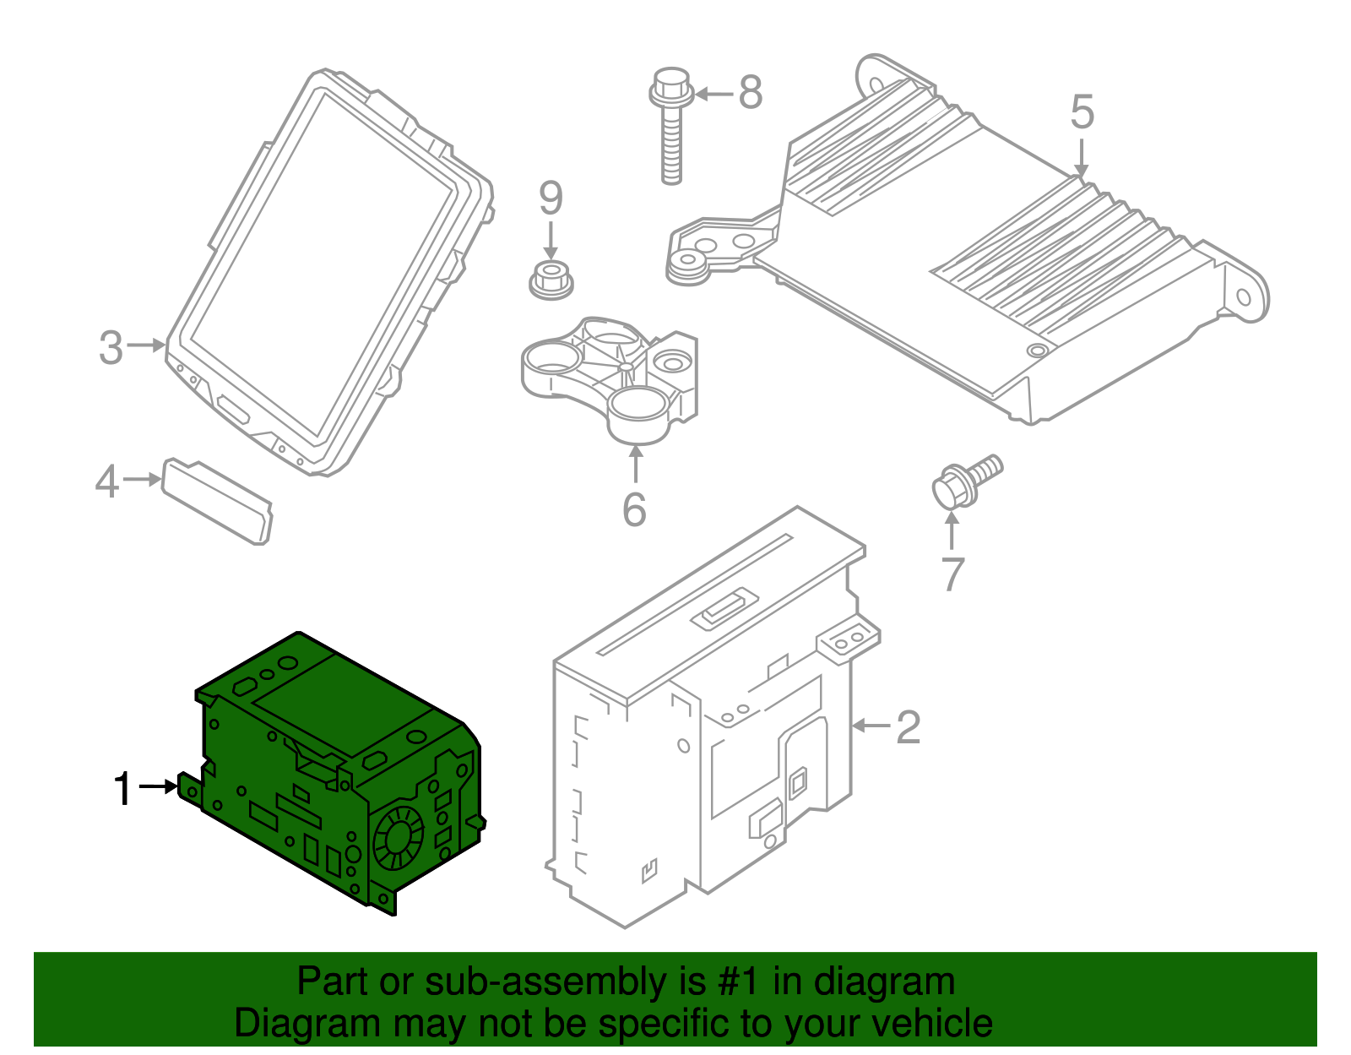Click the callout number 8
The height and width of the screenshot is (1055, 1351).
point(751,93)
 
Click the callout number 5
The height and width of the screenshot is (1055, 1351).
point(1082,112)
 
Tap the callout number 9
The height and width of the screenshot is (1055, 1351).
point(551,199)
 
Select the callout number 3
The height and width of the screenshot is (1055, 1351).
point(111,347)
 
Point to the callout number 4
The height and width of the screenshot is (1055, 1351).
point(107,481)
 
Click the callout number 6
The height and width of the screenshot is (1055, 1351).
point(635,510)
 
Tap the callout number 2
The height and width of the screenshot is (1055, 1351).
point(908,726)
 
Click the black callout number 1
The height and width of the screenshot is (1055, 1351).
point(123,788)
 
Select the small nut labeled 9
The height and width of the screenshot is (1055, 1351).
point(551,281)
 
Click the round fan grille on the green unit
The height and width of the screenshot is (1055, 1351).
point(399,840)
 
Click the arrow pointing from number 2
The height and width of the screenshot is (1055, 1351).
point(872,725)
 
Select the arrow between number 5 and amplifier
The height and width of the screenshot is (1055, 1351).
point(1081,159)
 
